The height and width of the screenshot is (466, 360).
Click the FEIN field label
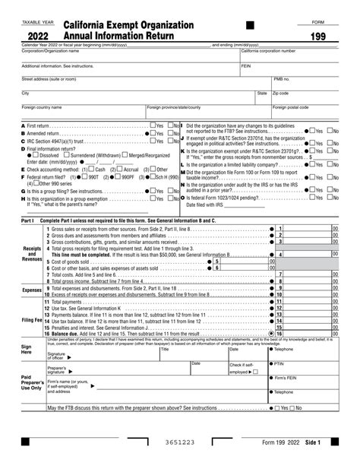[246, 66]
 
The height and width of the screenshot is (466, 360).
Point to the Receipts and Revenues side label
[32, 254]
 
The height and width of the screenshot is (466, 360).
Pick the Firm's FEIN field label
[289, 378]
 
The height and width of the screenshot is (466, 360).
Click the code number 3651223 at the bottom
[179, 442]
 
